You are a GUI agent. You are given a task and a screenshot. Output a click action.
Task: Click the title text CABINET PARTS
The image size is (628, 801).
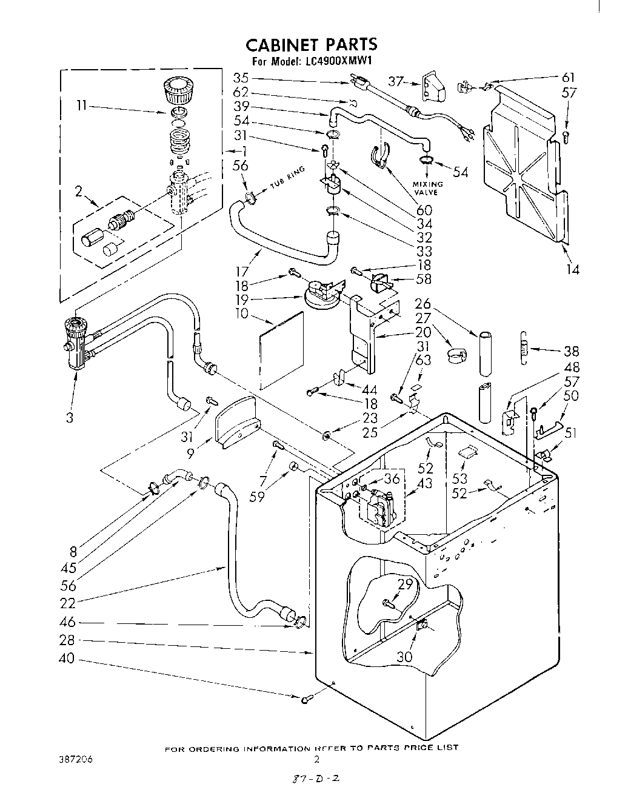pos(311,44)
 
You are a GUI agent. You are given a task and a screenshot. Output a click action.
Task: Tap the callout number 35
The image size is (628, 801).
pos(241,78)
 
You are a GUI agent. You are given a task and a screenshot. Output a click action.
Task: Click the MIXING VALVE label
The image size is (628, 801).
pos(428,187)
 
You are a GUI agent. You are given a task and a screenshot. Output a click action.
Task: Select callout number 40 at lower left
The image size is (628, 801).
pos(68,658)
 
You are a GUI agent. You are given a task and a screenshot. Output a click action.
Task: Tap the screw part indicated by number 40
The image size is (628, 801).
pos(306,700)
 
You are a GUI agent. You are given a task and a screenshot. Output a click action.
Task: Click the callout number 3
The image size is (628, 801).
pos(71,417)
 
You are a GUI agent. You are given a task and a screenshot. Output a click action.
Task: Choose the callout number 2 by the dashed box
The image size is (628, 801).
pos(79,192)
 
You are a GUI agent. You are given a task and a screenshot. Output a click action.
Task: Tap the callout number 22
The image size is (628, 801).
pos(68,603)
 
